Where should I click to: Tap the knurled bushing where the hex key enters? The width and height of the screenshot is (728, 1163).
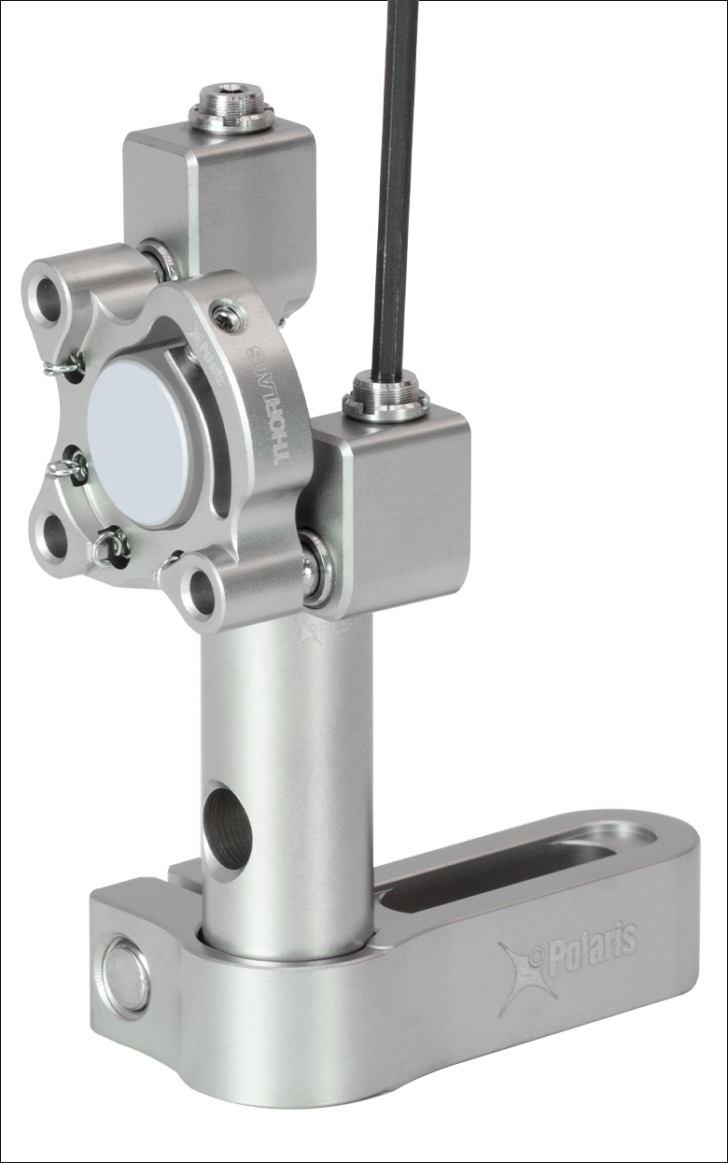coord(385,398)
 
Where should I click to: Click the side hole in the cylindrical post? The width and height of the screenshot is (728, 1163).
coord(227,826)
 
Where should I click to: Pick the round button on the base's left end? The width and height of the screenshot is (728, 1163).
coord(125,976)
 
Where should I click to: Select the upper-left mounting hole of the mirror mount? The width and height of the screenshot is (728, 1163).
coord(48,298)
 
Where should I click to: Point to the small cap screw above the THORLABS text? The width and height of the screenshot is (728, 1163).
coord(227,319)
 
